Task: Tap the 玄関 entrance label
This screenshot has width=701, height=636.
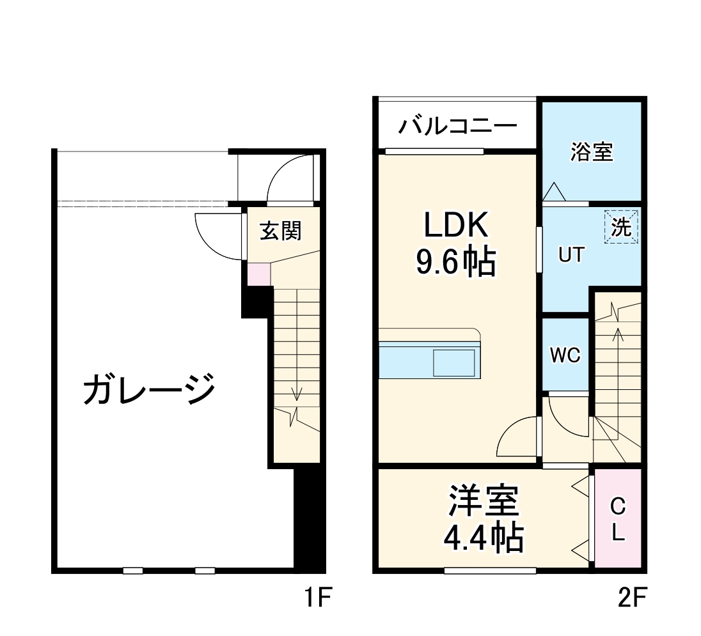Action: [x=280, y=230]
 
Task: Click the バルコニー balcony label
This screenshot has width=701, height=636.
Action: [x=457, y=125]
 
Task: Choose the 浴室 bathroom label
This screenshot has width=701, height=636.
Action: [x=592, y=153]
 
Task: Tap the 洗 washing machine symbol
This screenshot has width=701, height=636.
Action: [x=621, y=227]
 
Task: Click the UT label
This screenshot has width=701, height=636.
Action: [x=571, y=255]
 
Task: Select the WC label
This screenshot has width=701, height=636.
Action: [x=565, y=356]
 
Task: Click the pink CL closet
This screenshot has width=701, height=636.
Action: [x=617, y=519]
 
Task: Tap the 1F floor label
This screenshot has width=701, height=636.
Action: [x=319, y=599]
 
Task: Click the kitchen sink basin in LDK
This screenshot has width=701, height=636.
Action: [x=454, y=363]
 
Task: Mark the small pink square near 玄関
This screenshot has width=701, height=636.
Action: [x=259, y=274]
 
